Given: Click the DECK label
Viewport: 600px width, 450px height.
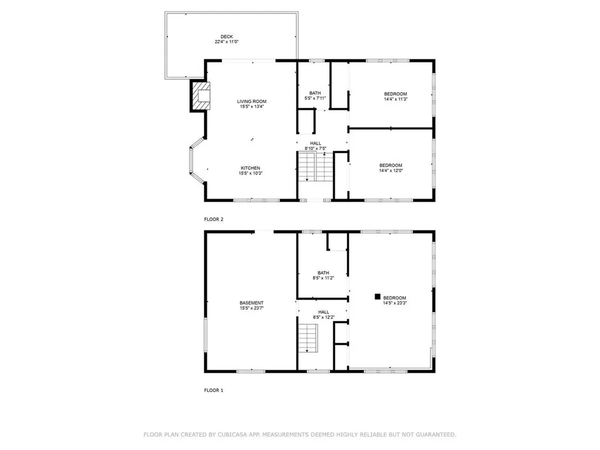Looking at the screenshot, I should click(227, 36).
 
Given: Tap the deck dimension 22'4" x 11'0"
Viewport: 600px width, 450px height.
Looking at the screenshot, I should click(227, 42).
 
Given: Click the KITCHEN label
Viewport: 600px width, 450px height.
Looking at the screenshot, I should click(250, 168).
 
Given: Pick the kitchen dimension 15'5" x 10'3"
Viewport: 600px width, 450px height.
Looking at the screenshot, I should click(250, 173).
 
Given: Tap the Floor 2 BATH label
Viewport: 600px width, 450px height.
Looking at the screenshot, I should click(315, 93).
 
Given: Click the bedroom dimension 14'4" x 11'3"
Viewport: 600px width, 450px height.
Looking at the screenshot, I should click(395, 99).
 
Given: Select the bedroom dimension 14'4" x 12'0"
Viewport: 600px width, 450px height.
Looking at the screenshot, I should click(391, 171).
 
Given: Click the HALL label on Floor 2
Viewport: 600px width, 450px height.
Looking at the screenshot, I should click(316, 143).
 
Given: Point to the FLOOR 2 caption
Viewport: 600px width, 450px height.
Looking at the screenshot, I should click(213, 219).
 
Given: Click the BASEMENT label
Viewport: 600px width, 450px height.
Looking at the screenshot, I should click(251, 303).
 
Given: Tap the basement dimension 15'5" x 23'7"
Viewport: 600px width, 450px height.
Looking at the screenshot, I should click(251, 308).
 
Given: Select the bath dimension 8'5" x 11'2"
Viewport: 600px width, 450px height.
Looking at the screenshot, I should click(323, 278).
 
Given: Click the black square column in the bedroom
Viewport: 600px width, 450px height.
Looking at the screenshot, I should click(378, 297).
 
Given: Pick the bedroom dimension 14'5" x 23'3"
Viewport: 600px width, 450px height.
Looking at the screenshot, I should click(394, 304).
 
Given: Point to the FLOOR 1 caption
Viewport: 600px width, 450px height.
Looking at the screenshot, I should click(213, 390).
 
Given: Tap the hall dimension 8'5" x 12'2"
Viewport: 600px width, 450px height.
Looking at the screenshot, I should click(323, 318).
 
